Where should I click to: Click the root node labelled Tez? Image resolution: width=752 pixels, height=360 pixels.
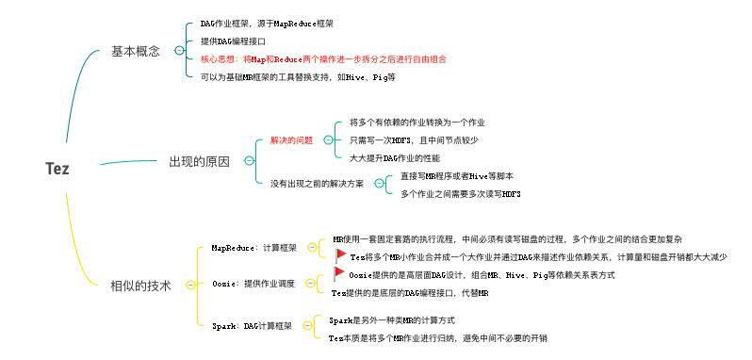57,169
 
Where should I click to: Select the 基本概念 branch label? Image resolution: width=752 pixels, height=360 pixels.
136,51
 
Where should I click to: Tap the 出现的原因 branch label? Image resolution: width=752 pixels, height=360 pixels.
199,161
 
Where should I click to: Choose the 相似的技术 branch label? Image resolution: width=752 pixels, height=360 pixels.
141,284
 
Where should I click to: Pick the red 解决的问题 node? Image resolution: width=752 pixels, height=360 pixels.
291,140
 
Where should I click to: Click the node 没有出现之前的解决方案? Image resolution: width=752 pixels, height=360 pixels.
317,183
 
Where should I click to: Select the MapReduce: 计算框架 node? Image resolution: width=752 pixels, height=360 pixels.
254,248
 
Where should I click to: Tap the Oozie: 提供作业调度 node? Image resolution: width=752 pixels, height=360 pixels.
253,283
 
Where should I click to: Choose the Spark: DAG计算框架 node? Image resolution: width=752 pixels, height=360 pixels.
253,326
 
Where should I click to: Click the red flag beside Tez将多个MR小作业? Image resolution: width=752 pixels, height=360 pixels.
340,255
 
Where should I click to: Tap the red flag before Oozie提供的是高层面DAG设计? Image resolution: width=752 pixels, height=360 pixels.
340,274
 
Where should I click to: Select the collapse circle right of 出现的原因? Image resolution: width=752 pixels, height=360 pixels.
248,161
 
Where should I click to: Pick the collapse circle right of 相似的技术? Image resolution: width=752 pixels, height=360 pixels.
191,284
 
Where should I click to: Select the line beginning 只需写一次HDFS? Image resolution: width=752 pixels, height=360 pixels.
413,140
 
